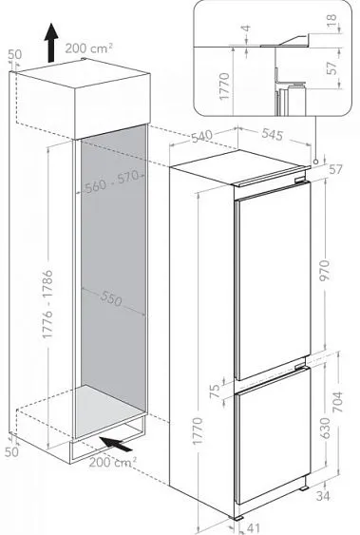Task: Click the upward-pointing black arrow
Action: [51, 43]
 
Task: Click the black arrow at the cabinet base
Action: [116, 444]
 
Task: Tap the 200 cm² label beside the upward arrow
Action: [88, 48]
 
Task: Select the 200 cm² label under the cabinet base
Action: [113, 462]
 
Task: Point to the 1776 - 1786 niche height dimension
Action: [47, 304]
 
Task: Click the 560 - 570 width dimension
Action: [112, 182]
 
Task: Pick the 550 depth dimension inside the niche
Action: [111, 299]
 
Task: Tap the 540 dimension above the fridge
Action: [201, 136]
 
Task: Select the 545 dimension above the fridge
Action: [273, 134]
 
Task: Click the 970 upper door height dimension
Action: [325, 270]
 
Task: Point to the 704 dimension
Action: [337, 402]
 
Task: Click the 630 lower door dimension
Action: [325, 428]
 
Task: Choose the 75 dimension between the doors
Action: [215, 391]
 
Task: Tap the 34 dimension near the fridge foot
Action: [323, 496]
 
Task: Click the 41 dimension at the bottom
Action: [253, 527]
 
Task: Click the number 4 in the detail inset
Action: [247, 28]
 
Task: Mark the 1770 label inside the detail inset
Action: [225, 86]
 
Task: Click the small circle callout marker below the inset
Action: [315, 161]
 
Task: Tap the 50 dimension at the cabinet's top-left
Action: [14, 54]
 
